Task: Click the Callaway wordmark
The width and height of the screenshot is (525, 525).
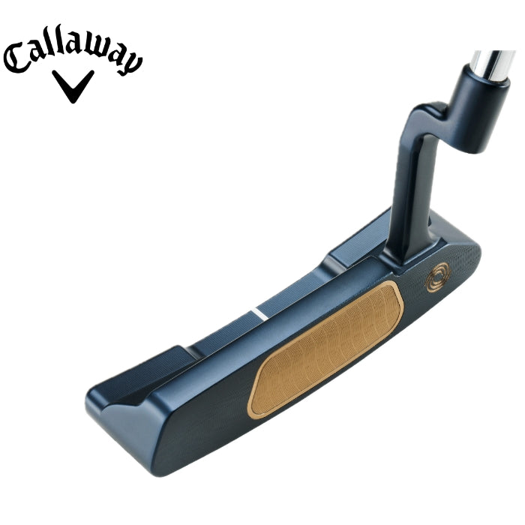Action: click(x=73, y=49)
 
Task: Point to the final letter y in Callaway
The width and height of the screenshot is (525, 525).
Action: click(x=131, y=64)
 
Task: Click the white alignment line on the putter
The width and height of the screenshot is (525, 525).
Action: click(x=259, y=314)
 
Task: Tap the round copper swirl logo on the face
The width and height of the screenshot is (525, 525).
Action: click(x=438, y=277)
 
